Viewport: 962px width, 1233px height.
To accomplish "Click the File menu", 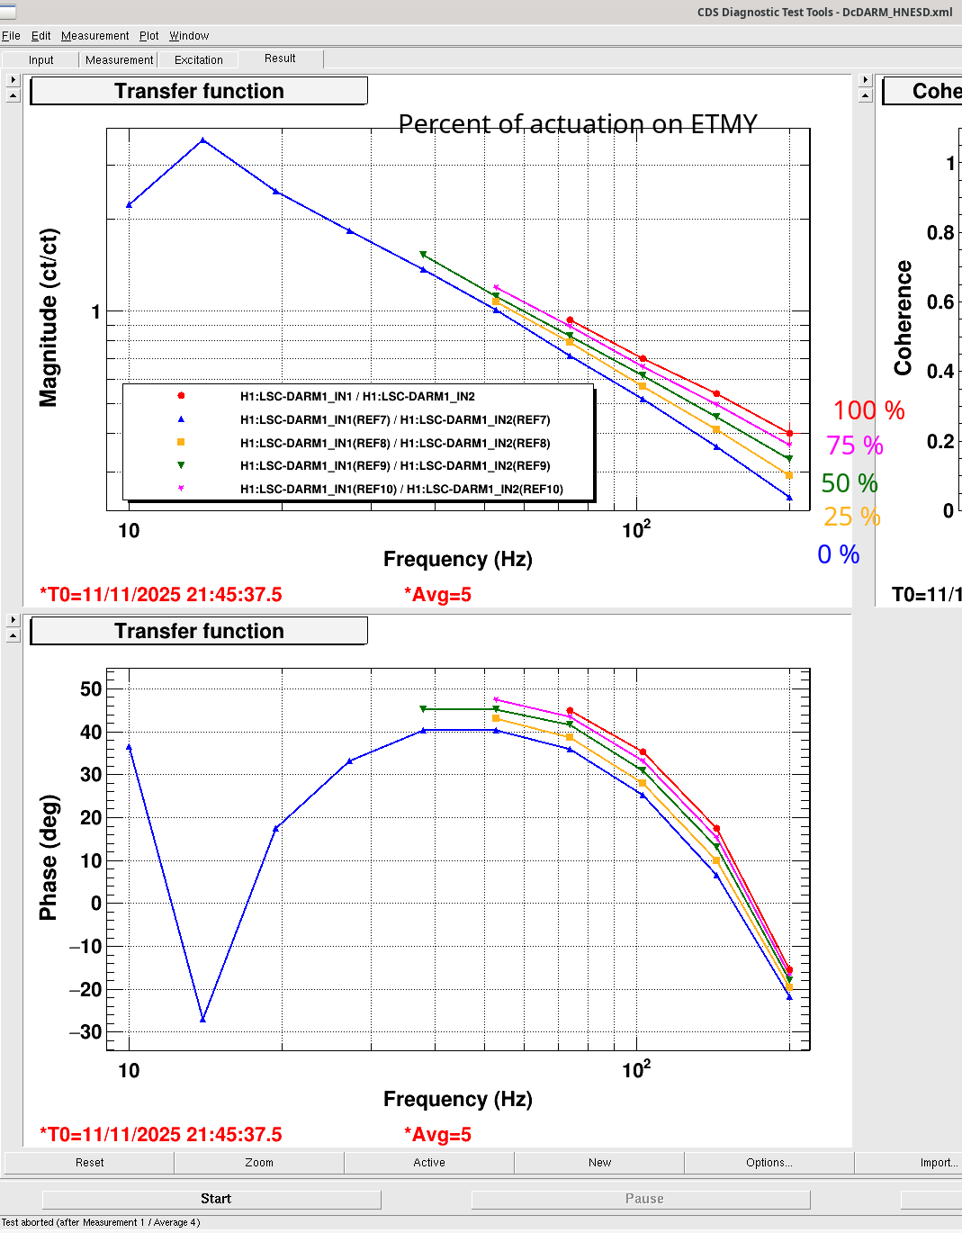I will pyautogui.click(x=11, y=36).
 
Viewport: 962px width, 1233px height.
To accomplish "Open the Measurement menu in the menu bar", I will pyautogui.click(x=94, y=36).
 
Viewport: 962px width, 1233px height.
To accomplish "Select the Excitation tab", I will pyautogui.click(x=198, y=60).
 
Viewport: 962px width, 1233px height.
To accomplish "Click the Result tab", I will pyautogui.click(x=280, y=58).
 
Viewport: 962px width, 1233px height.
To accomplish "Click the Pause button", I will pyautogui.click(x=643, y=1199).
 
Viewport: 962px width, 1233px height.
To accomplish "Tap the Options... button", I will pyautogui.click(x=769, y=1163).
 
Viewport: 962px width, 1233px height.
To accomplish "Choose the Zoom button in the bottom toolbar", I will pyautogui.click(x=259, y=1163).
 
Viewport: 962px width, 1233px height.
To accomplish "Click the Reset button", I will pyautogui.click(x=89, y=1163).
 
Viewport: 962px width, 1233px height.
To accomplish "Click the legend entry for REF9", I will pyautogui.click(x=394, y=466).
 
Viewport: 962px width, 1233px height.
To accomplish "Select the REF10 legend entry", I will pyautogui.click(x=400, y=490).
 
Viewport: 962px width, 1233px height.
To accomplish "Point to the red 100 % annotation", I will pyautogui.click(x=868, y=410).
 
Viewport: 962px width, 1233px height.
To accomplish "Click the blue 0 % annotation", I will pyautogui.click(x=838, y=554).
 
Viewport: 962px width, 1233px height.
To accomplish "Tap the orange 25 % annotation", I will pyautogui.click(x=851, y=517).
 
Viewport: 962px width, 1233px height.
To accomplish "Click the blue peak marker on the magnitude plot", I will pyautogui.click(x=203, y=140).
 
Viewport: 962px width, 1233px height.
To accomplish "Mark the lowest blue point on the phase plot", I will pyautogui.click(x=203, y=1019).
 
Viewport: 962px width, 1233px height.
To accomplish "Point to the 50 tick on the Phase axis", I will pyautogui.click(x=91, y=689).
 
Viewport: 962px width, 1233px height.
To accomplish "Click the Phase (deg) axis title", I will pyautogui.click(x=49, y=857).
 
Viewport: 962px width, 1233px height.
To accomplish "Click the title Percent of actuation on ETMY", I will pyautogui.click(x=578, y=124).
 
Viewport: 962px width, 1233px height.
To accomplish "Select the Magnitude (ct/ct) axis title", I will pyautogui.click(x=49, y=317).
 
